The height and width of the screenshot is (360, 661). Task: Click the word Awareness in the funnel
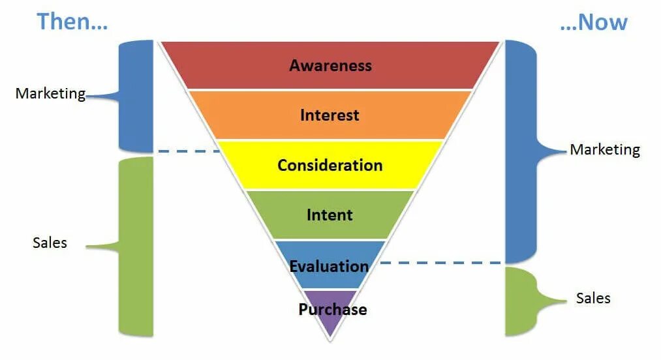pyautogui.click(x=330, y=65)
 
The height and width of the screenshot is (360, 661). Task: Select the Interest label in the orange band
pyautogui.click(x=330, y=115)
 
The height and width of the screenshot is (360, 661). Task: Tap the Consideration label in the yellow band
pyautogui.click(x=330, y=165)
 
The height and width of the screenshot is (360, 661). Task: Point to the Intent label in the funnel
pyautogui.click(x=330, y=215)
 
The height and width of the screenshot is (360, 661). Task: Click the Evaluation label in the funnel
pyautogui.click(x=330, y=266)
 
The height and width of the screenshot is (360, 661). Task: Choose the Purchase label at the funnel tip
pyautogui.click(x=332, y=309)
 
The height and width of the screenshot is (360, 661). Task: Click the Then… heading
pyautogui.click(x=72, y=22)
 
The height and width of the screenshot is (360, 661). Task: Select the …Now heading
pyautogui.click(x=593, y=22)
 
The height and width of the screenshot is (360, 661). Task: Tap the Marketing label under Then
pyautogui.click(x=50, y=93)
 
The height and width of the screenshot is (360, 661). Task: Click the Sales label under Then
pyautogui.click(x=50, y=243)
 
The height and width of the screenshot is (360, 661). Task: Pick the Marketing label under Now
pyautogui.click(x=605, y=149)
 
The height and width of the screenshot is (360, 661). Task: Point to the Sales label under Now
pyautogui.click(x=593, y=298)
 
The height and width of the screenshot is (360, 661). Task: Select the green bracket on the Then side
pyautogui.click(x=136, y=247)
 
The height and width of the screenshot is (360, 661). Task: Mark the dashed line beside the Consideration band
pyautogui.click(x=189, y=151)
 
